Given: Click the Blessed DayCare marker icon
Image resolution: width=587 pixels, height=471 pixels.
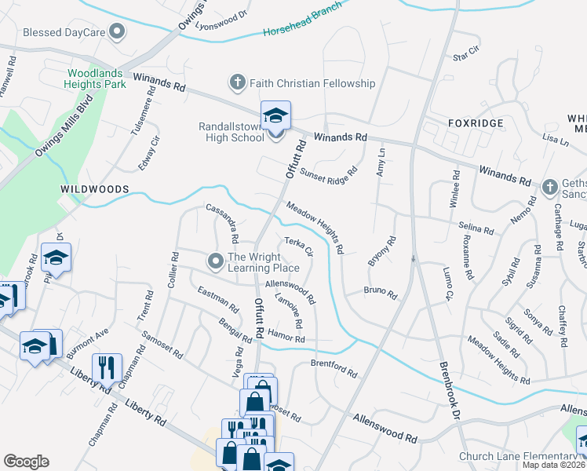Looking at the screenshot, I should coord(118,32).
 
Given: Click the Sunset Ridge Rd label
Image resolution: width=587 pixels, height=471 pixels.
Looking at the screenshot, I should coord(327,174).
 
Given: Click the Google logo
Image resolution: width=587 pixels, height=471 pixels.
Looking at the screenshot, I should coord(27,462).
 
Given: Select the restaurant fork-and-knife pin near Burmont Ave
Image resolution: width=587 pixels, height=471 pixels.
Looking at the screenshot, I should coord(104,367).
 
